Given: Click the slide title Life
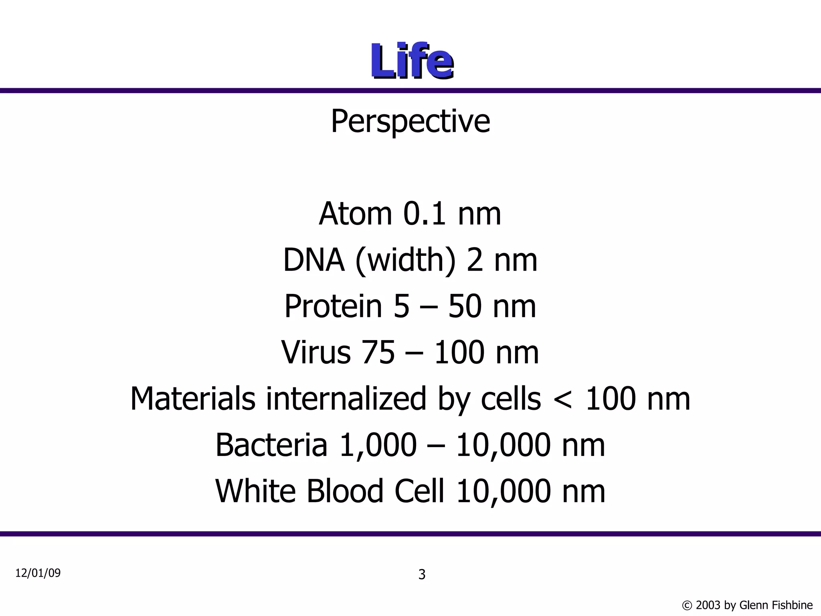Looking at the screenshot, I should click(x=411, y=62).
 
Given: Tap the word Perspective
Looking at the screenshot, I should click(x=410, y=122).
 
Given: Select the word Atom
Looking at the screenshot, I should click(x=355, y=214).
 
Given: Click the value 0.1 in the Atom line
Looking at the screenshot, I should click(x=424, y=214).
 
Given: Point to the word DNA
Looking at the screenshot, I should click(x=313, y=260).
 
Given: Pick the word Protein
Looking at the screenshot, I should click(x=333, y=306).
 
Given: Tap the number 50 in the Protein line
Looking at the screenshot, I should click(x=464, y=306).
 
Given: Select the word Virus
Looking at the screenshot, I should click(x=316, y=353).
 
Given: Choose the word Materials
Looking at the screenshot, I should click(x=193, y=399).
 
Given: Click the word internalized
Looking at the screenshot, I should click(x=346, y=399).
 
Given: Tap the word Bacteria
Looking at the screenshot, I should click(x=271, y=445).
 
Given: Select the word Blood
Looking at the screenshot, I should click(x=345, y=491).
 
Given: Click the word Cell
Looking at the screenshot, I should click(x=419, y=491).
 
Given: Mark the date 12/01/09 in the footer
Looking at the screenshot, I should click(x=38, y=573).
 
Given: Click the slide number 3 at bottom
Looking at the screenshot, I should click(x=422, y=575).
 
